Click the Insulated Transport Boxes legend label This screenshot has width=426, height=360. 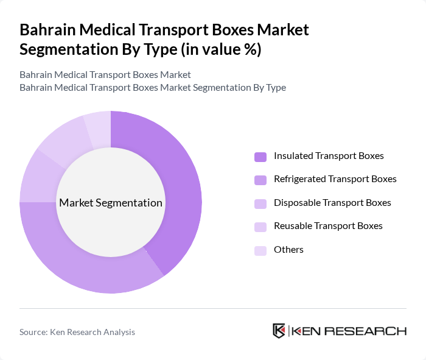pyautogui.click(x=329, y=156)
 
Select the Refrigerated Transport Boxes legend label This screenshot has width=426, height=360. pyautogui.click(x=335, y=179)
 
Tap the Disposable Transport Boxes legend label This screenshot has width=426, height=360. pyautogui.click(x=332, y=202)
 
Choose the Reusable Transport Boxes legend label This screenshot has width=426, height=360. pyautogui.click(x=328, y=226)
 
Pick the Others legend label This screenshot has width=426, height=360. pyautogui.click(x=288, y=249)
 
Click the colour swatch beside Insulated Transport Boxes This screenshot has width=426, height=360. pyautogui.click(x=260, y=157)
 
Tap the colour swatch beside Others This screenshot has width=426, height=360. pyautogui.click(x=260, y=250)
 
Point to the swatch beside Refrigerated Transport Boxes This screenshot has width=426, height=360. pyautogui.click(x=260, y=180)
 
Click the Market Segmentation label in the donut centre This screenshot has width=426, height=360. pyautogui.click(x=111, y=203)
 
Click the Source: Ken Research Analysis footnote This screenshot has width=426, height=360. pyautogui.click(x=77, y=332)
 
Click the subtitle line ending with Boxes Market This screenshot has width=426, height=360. pyautogui.click(x=105, y=74)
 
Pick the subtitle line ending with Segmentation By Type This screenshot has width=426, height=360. pyautogui.click(x=153, y=87)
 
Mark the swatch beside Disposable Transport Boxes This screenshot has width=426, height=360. pyautogui.click(x=260, y=203)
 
